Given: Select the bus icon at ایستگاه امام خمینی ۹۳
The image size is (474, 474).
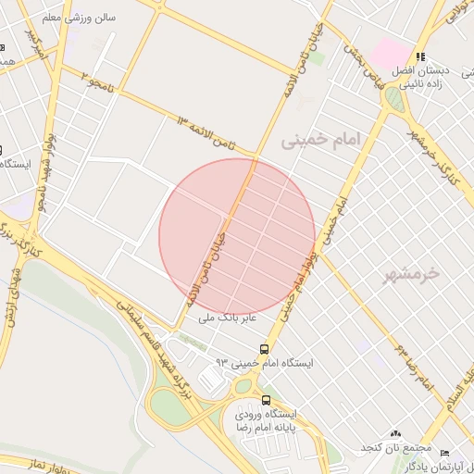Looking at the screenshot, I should (x=265, y=349).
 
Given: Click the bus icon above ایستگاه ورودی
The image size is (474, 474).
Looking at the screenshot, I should (x=267, y=401).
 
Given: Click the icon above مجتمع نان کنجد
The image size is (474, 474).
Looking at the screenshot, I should (x=396, y=433).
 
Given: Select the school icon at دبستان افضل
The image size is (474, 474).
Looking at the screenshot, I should (x=420, y=57).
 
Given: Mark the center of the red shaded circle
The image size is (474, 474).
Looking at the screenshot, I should (x=237, y=236).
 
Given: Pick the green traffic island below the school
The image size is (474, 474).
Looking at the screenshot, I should (x=396, y=98).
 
